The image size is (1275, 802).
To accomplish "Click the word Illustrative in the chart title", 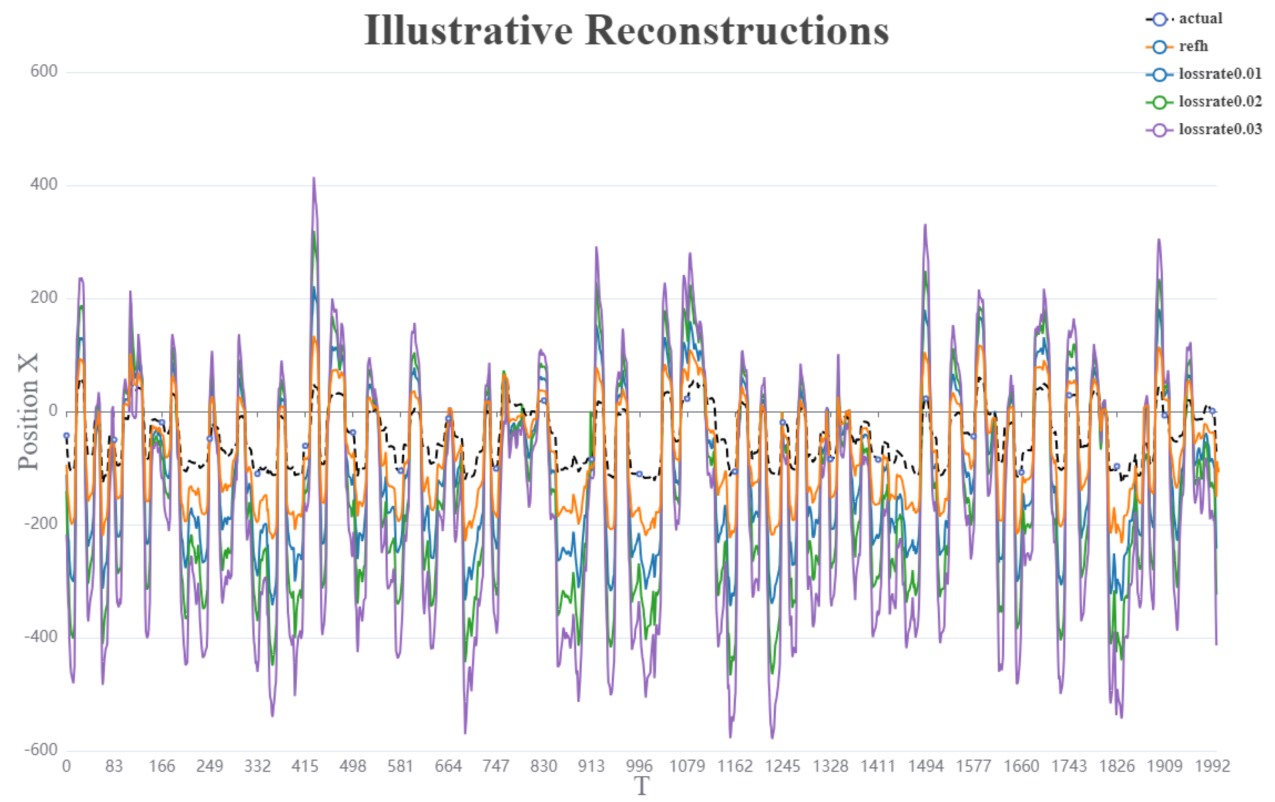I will [x=468, y=31].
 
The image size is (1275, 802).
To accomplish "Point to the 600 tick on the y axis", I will [x=44, y=71].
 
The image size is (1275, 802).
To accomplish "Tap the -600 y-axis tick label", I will [x=41, y=750].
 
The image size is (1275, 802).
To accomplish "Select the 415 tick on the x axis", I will [x=305, y=766].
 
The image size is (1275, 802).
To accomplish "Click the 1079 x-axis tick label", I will [x=687, y=766].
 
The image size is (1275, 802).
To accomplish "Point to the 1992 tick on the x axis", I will [x=1212, y=766].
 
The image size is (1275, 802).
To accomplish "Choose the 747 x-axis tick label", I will [x=496, y=766].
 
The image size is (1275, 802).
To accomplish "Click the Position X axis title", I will [x=28, y=412].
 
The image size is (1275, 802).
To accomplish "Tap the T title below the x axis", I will [x=641, y=787].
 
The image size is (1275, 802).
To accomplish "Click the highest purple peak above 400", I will [x=313, y=179].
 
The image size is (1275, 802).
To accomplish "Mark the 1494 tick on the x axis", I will [x=926, y=766].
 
